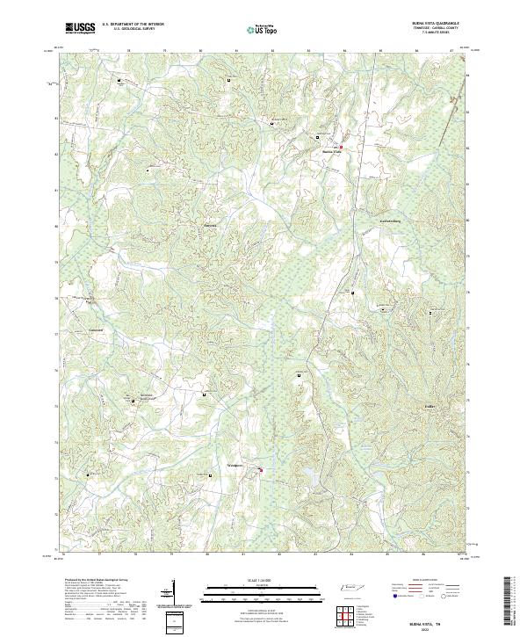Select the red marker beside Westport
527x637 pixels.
(261, 471)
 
